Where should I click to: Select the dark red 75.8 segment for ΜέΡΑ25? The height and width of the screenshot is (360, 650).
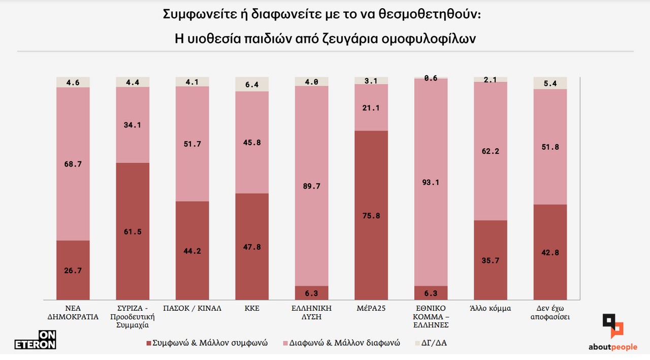click(x=371, y=215)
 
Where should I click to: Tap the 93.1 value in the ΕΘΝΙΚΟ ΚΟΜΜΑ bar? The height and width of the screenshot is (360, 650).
click(x=431, y=183)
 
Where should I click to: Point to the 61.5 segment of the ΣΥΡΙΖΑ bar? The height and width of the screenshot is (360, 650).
click(x=133, y=232)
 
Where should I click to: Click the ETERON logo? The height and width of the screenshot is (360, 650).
click(x=35, y=340)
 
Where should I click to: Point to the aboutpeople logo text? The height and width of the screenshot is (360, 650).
click(x=612, y=347)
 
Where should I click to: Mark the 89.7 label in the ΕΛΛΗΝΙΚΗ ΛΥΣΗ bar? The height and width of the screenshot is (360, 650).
click(x=312, y=186)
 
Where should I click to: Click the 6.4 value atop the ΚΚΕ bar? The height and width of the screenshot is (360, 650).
click(x=252, y=85)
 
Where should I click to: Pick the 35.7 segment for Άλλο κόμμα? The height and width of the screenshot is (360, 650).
click(x=491, y=260)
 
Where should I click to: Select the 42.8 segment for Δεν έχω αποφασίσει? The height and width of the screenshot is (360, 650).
click(x=550, y=252)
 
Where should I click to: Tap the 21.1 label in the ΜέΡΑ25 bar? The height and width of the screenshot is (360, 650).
click(x=371, y=108)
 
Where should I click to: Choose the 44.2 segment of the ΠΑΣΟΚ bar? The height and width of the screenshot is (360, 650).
click(x=192, y=251)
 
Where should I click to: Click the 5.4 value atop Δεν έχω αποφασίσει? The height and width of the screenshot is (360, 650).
click(x=550, y=83)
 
